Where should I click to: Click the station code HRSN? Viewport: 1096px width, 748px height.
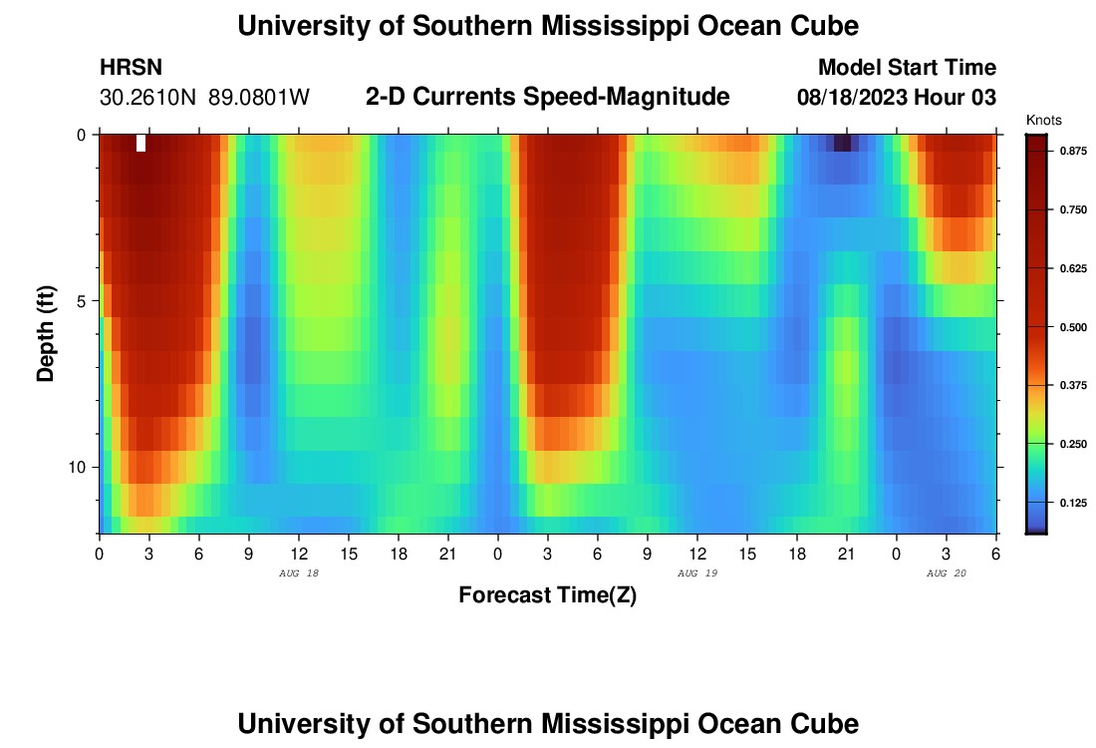132,68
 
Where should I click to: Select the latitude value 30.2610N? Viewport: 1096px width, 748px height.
149,98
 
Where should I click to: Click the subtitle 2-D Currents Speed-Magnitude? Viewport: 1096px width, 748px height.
548,97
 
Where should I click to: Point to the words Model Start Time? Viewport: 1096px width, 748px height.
907,68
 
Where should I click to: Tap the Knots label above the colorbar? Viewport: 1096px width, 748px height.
1043,120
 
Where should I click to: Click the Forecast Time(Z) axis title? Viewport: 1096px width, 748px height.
547,595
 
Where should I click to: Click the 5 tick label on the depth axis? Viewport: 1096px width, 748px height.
79,301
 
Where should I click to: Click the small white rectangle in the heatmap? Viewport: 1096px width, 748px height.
140,143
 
